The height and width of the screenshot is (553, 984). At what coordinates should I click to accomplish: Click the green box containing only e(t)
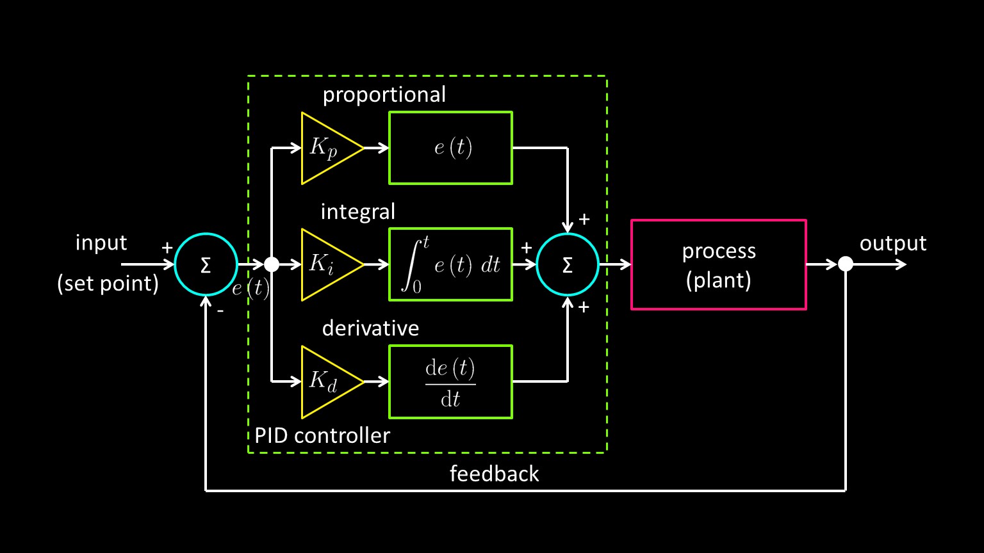450,148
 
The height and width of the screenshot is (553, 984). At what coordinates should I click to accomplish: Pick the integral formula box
450,264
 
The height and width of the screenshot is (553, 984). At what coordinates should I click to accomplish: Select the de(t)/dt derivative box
450,381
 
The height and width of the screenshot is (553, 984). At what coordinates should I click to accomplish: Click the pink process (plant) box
718,265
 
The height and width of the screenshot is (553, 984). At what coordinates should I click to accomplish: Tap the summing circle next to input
206,264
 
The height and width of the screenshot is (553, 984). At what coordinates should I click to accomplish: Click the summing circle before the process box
567,264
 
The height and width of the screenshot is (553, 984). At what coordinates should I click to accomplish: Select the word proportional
384,95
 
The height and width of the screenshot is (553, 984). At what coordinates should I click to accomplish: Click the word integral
357,212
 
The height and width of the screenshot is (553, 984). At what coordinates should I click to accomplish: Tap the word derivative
370,328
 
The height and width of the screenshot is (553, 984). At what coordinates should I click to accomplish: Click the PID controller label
322,436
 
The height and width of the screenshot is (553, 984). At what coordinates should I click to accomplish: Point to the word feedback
494,474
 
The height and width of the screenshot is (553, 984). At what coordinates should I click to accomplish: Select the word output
892,243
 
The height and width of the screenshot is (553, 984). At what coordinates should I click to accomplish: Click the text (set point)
108,283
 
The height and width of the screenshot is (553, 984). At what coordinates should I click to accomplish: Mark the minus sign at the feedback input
220,312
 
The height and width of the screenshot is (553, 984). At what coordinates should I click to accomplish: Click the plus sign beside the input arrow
167,248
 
